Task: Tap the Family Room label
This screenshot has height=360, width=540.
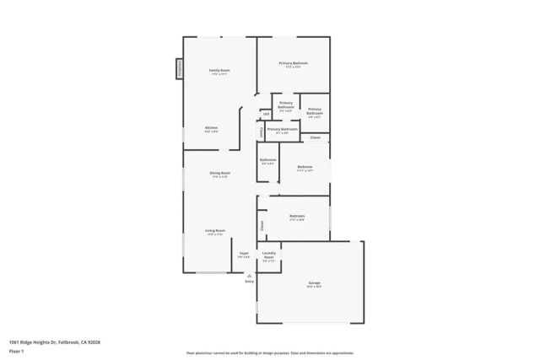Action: [219, 70]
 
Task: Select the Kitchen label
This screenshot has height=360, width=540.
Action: [211, 128]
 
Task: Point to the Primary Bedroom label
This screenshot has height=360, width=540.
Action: [294, 63]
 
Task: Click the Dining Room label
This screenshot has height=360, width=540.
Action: [220, 173]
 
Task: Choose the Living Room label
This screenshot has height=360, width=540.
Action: [214, 230]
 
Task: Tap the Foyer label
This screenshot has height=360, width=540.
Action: [244, 253]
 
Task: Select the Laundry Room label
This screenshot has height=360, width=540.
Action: [268, 255]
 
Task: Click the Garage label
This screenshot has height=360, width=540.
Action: [313, 284]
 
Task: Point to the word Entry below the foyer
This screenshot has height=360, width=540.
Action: [249, 282]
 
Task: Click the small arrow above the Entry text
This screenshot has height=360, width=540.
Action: [249, 275]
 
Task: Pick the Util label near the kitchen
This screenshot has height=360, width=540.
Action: [266, 114]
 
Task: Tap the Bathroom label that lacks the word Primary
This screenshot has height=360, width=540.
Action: [267, 159]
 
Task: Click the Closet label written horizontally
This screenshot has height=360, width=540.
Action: [315, 137]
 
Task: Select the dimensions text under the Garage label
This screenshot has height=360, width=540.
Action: [313, 288]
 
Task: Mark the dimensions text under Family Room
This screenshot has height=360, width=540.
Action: [219, 74]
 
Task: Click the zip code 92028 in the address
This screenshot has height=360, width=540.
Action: [93, 341]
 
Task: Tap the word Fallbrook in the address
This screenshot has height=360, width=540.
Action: [64, 341]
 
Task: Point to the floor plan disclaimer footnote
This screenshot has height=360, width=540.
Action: [270, 353]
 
